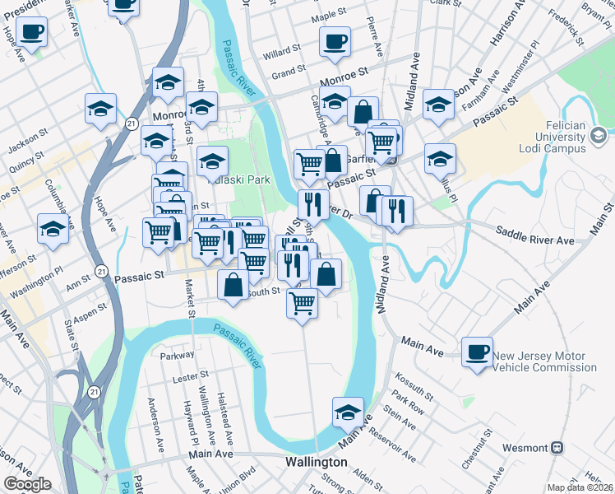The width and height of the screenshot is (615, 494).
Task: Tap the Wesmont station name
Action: pos(525,448)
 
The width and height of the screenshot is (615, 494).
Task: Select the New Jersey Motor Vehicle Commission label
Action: pos(544,361)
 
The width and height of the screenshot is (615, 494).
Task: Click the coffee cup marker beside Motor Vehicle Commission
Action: pos(477,351)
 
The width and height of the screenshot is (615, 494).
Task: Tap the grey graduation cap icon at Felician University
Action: pos(599,133)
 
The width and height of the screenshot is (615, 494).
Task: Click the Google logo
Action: pos(27,484)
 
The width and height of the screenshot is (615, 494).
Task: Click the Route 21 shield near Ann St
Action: pos(100,270)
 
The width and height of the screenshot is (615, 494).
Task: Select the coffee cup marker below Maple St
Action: pos(335,41)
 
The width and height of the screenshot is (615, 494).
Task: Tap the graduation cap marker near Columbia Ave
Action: pos(53,228)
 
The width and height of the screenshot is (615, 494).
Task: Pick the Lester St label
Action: pos(192,376)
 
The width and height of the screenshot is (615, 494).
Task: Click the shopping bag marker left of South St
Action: pos(234,284)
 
